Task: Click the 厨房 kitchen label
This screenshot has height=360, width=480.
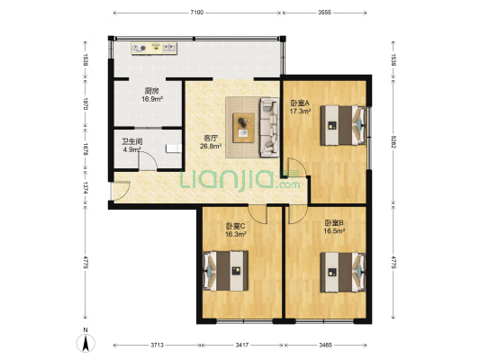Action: [x=151, y=91]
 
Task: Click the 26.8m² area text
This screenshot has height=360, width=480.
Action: [x=211, y=147]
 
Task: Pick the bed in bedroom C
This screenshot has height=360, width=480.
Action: [x=224, y=267]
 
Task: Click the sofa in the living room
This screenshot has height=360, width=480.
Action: [x=269, y=124]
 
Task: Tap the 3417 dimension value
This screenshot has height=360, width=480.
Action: [x=241, y=345]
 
